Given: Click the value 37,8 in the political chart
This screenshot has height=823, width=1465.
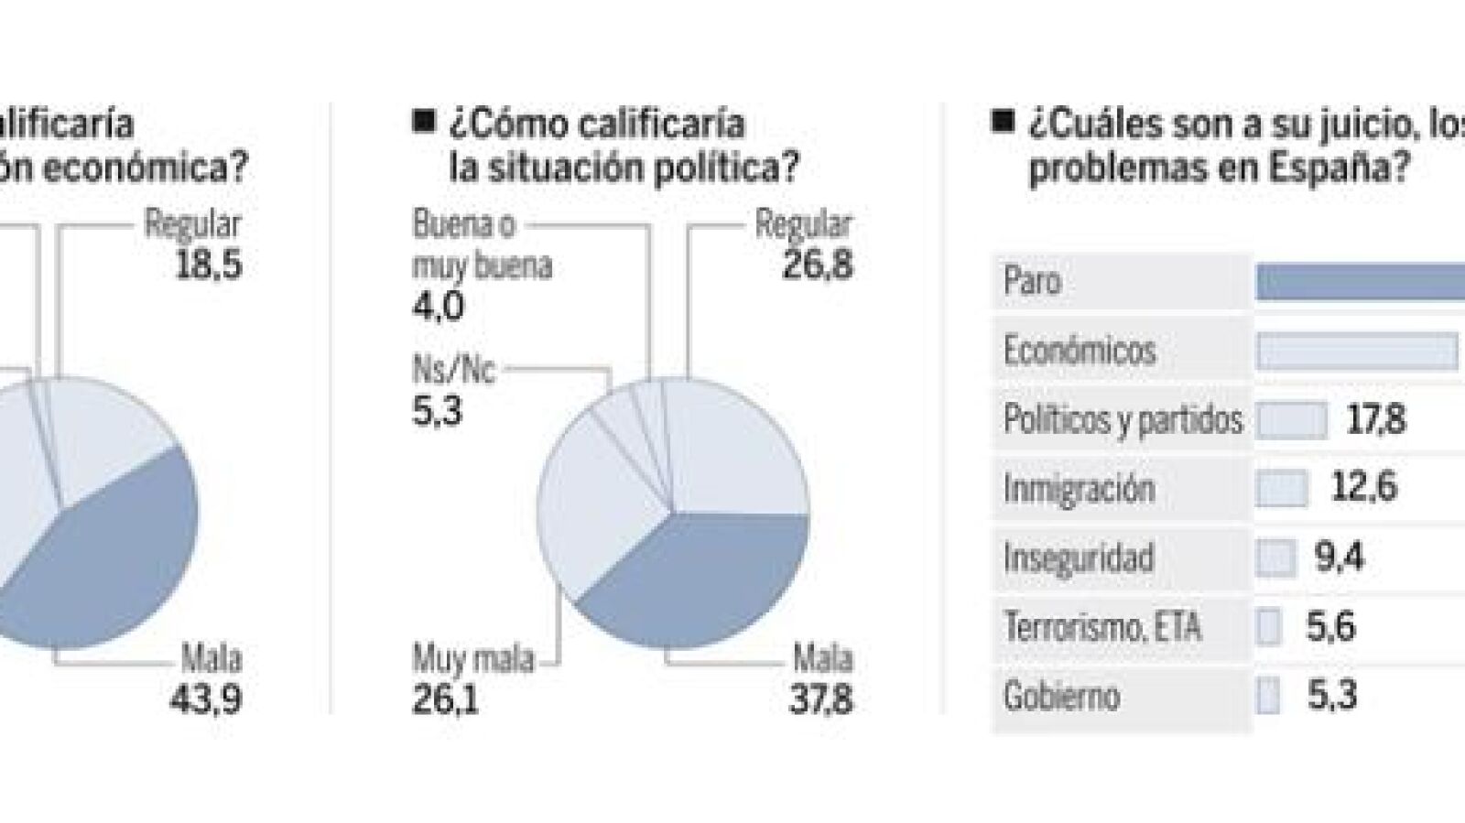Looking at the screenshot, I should coord(821,700).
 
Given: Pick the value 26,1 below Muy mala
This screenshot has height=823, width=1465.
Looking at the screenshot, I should coord(445,700).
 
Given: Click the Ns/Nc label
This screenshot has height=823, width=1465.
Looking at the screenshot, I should coord(452,371).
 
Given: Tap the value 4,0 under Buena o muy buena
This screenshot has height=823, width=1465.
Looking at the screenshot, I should coord(438,306).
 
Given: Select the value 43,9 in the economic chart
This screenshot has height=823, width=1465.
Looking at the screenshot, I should coord(206,700).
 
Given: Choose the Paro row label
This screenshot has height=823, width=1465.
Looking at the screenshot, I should coord(1032,281).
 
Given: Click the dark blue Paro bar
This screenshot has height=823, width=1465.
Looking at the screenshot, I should coord(1360,282).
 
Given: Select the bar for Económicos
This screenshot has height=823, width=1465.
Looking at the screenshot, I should coord(1356,352).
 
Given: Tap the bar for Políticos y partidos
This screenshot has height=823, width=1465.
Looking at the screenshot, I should coord(1291,420).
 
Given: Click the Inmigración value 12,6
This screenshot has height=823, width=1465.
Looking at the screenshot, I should coord(1363,488).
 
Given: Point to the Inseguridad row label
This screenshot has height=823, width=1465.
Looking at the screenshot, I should coord(1078,558).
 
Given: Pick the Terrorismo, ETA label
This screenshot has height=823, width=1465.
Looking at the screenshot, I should coord(1101,627).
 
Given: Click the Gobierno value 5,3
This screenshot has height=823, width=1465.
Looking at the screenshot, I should coord(1331,696).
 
